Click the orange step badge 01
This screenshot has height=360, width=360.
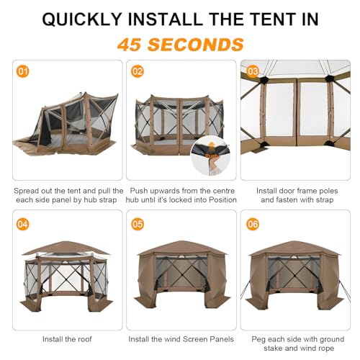point(22,72)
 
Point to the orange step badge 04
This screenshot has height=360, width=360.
point(22,223)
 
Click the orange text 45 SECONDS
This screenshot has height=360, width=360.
point(180,44)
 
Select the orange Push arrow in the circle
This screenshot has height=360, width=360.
point(212,153)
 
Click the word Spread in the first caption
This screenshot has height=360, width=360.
point(27,191)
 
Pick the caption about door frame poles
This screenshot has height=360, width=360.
point(294,197)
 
